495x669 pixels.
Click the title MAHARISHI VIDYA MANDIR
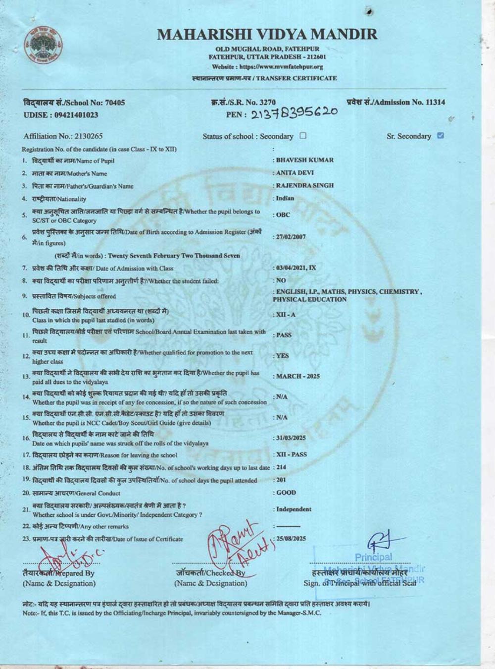(x=267, y=34)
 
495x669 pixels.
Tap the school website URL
(x=267, y=67)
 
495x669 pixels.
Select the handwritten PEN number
(x=295, y=113)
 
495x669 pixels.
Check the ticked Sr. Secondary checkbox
(x=441, y=135)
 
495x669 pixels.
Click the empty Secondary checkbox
(x=303, y=136)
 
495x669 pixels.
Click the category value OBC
(x=283, y=216)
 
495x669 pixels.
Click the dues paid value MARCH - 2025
(x=297, y=377)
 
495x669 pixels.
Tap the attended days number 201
(x=281, y=480)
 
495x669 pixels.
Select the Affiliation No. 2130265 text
(x=63, y=136)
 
